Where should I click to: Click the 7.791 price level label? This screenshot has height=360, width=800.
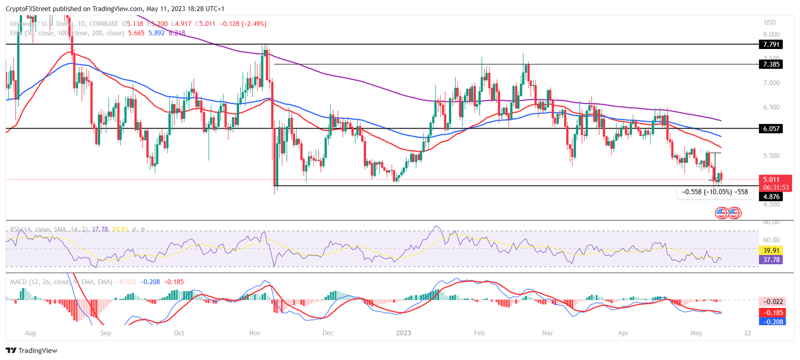(x=771, y=45)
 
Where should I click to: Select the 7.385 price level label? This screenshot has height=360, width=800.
(x=771, y=65)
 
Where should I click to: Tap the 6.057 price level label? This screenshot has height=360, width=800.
(x=771, y=128)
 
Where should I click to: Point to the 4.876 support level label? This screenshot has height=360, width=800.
(x=771, y=196)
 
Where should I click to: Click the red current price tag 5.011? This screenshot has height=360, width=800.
(x=771, y=179)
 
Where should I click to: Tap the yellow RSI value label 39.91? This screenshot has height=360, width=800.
(x=771, y=250)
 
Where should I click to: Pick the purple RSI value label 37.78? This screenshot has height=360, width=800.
(x=771, y=259)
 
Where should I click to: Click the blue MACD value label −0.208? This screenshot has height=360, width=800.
(x=771, y=322)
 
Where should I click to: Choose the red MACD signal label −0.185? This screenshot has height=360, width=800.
(x=771, y=313)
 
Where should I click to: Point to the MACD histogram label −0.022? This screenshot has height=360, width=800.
(x=771, y=302)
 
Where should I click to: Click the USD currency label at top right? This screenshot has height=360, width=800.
(x=770, y=22)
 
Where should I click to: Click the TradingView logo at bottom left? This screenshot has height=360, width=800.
(x=32, y=351)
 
